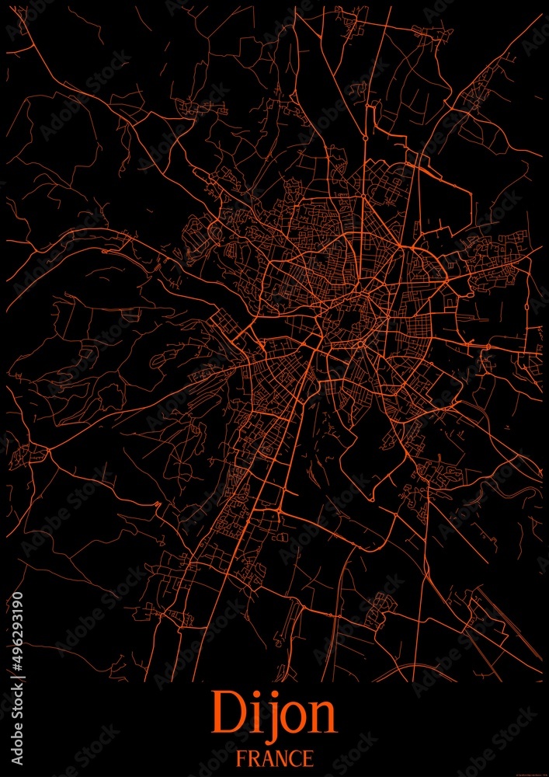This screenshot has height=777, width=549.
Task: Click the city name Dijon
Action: (273, 713)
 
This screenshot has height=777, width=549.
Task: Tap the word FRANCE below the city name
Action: (275, 758)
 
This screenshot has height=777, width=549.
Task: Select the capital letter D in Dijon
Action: (225, 713)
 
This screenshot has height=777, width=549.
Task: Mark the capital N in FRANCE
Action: (281, 758)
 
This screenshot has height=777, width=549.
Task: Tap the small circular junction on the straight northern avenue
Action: (365, 138)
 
